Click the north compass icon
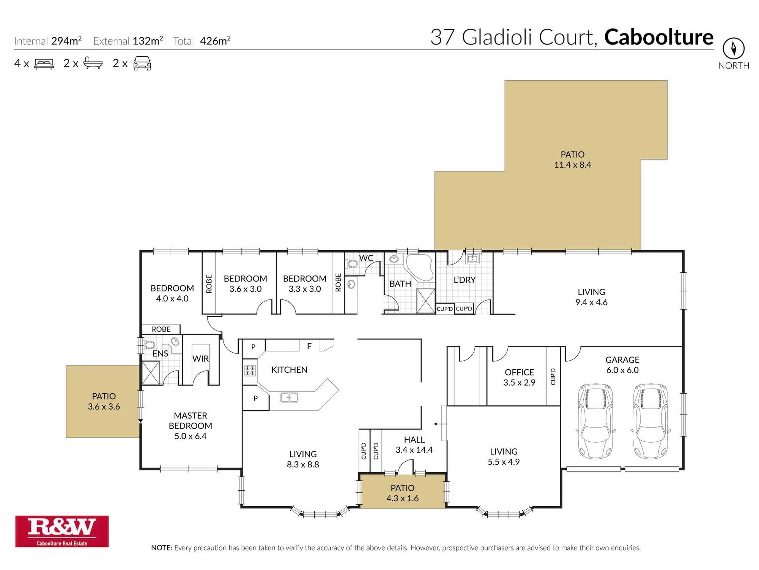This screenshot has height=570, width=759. coord(733,48)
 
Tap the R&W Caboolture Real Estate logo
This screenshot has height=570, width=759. coord(62,531)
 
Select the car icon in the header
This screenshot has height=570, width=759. coord(142,63)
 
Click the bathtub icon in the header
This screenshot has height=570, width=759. coord(93,63)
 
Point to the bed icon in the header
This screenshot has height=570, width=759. coord(44,63)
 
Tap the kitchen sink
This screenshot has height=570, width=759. coord(289,397)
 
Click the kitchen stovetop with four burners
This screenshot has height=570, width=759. coord(250,370)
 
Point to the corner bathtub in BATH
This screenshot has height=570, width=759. coord(420,267)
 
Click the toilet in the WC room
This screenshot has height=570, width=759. coord(352,263)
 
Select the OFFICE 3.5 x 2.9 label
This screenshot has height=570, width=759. coord(519,377)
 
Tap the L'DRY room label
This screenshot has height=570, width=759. coord(465,280)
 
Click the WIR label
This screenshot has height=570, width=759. coord(200,359)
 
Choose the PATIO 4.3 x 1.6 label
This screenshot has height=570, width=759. coord(402,493)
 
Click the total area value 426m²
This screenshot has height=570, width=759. coord(215,41)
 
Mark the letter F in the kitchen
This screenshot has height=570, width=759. coord(309,346)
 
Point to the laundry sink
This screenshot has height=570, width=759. coord(472,259)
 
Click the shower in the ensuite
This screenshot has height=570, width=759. coord(151,372)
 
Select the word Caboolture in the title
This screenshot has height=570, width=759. coord(658,37)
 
